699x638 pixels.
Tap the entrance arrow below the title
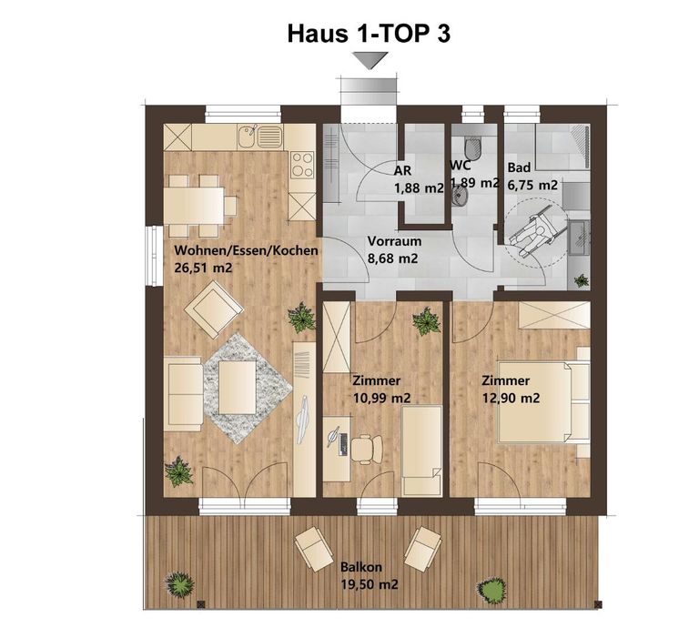point(370,61)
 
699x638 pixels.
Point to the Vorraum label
point(393,242)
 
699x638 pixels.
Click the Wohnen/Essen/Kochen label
point(246,250)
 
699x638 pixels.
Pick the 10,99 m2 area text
point(380,398)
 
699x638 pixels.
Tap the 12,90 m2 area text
point(511,398)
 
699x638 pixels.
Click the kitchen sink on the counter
point(259,137)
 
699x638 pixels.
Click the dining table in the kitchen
point(197,206)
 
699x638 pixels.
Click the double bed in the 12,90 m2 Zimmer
point(542,401)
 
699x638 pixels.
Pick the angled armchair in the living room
point(213,308)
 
